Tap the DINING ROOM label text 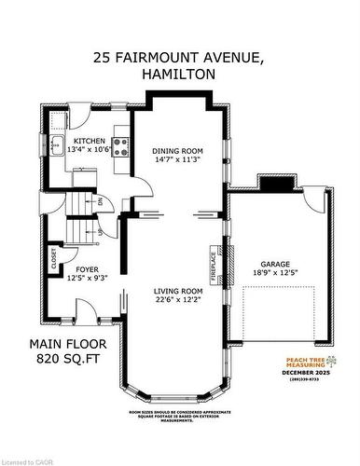177,149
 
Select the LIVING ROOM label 178,292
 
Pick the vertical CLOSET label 54,260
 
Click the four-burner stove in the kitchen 120,143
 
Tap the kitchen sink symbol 57,144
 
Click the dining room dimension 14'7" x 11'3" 177,158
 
